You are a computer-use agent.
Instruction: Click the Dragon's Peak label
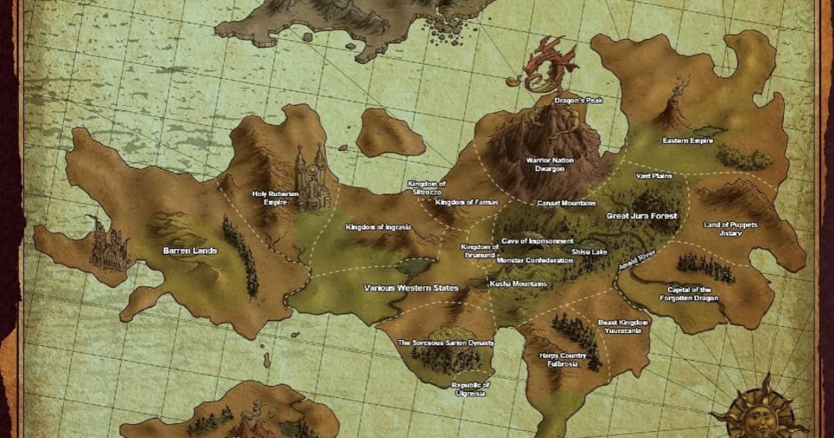pos(578,100)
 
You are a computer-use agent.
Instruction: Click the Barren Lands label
pos(190,250)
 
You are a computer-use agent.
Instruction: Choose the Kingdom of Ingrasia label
pos(379,227)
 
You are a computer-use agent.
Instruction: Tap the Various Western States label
pos(411,287)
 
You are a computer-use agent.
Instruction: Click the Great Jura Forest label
pos(641,216)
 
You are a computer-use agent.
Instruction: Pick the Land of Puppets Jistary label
pos(730,229)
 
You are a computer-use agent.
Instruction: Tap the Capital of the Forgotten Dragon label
pos(689,293)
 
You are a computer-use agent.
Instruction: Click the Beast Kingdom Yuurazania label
pos(623,327)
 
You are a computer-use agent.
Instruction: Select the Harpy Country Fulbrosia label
pos(562,359)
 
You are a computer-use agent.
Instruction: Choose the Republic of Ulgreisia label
pos(471,389)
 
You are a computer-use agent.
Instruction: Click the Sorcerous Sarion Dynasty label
pos(445,343)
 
